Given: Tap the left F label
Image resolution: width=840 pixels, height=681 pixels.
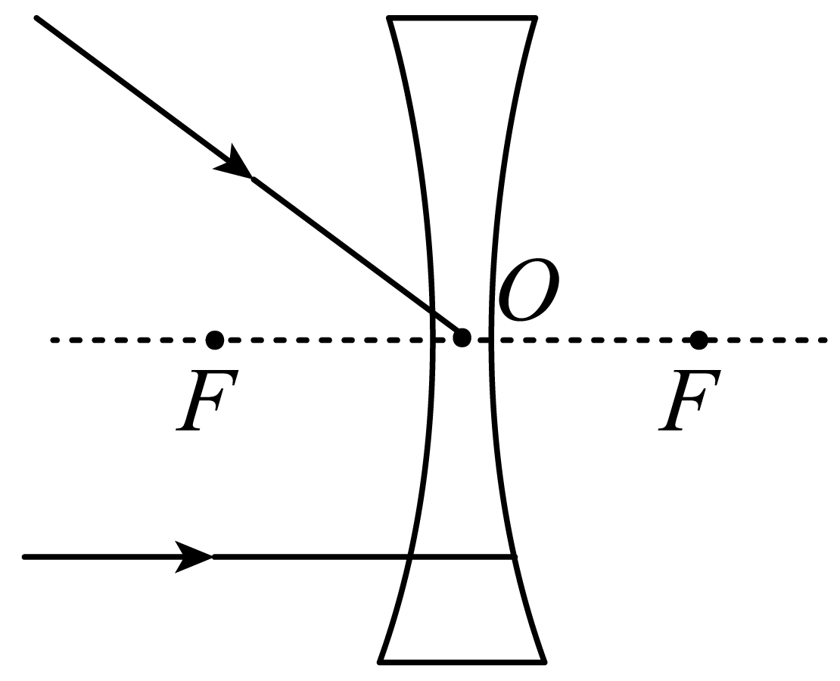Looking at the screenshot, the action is point(207,400).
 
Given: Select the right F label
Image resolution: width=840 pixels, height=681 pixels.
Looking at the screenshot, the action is point(690,400).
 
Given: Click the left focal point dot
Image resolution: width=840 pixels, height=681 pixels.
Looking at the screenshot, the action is point(215,340).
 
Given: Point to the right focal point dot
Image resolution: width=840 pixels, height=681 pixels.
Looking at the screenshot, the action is point(698,340).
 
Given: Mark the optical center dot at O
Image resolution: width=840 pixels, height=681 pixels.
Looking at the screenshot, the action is point(462,338).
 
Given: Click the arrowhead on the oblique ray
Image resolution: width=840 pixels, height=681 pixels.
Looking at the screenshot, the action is point(234,163).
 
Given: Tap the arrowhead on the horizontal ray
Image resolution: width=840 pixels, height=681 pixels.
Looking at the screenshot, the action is point(194,557).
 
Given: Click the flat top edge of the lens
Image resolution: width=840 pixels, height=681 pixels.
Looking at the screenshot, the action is point(462,19).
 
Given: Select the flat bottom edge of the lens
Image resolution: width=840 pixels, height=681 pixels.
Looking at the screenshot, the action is point(462,662).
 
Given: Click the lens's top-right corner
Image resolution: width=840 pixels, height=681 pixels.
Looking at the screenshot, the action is point(534,19).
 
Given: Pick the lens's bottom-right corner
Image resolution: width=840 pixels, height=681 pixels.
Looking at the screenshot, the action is point(544,662).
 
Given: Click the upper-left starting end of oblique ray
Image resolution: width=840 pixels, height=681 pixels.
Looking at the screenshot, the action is point(36,18).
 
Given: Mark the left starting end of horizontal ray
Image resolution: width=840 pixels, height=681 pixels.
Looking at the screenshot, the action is point(24,557).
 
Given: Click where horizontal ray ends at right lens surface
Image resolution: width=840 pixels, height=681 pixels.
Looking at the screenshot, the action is point(514,557).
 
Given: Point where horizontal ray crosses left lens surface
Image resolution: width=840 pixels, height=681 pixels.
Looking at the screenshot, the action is point(410,557).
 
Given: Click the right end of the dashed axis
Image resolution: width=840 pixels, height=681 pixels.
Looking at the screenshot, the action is point(826,340).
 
